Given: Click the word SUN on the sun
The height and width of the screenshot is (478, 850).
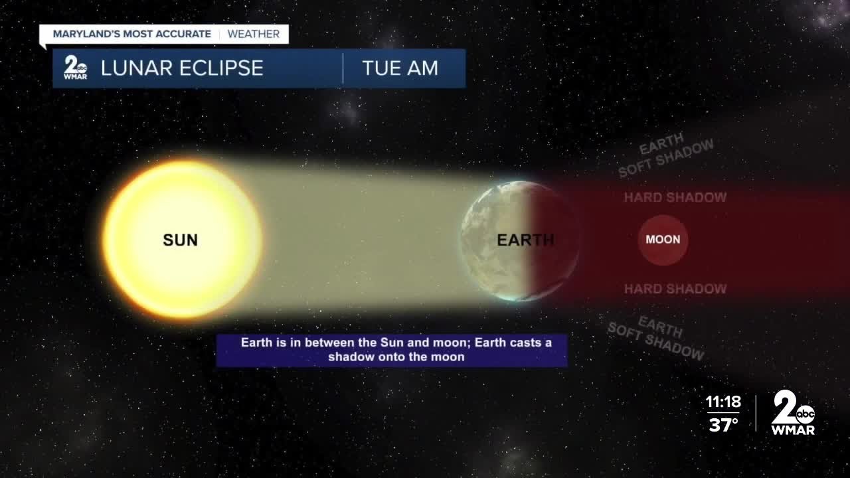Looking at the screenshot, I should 180,240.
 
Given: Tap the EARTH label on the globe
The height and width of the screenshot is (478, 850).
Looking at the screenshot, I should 525,240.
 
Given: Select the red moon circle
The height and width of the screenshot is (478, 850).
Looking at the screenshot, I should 663,240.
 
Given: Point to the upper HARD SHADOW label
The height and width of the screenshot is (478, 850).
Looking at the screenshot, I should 675,197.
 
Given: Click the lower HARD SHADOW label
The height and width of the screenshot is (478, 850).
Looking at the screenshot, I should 675,289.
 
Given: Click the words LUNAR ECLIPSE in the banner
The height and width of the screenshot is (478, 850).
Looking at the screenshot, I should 182,68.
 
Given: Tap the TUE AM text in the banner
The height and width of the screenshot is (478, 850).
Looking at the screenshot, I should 400,68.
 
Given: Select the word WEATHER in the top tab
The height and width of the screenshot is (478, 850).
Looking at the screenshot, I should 254,34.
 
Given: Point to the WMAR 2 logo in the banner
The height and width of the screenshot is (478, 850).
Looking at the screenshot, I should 74,68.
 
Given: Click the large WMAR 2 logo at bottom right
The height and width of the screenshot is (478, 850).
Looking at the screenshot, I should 793,412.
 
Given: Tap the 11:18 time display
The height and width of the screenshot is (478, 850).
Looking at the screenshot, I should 722,402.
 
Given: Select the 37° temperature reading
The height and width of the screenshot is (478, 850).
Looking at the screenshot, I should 724,425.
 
